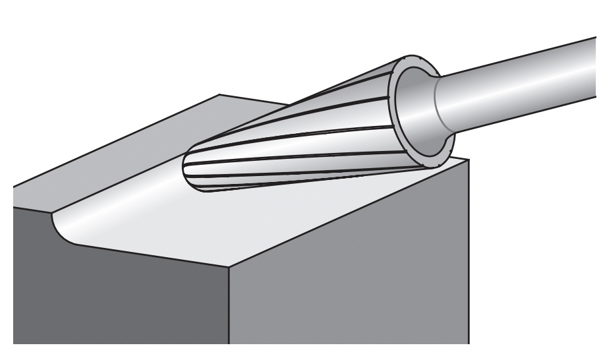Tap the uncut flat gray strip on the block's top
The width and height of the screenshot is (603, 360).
pyautogui.click(x=132, y=152)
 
